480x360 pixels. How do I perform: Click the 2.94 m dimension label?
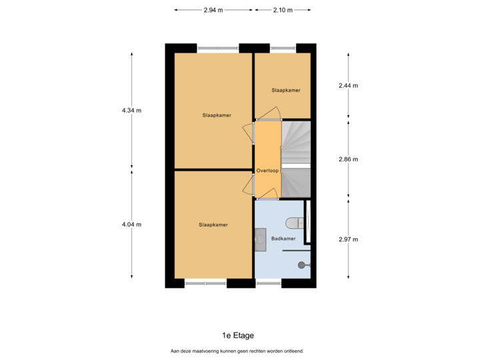[x=213, y=10]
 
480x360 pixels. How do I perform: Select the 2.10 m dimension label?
[x=283, y=10]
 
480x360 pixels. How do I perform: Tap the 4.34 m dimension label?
[x=131, y=110]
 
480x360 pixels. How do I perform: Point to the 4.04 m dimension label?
[x=131, y=225]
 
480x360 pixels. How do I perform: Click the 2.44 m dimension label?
[x=348, y=85]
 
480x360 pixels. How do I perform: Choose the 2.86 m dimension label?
[x=348, y=159]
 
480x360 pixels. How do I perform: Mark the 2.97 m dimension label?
[x=348, y=239]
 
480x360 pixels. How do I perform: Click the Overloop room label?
[x=267, y=171]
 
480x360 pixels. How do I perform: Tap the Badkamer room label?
[x=283, y=238]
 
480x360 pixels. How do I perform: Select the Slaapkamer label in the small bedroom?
[x=285, y=90]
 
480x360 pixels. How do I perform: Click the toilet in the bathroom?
[x=293, y=223]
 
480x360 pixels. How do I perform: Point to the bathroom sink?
[x=260, y=238]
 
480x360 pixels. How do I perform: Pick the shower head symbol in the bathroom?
[x=304, y=265]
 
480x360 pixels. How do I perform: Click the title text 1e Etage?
[x=238, y=335]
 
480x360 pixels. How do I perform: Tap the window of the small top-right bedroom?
[x=283, y=47]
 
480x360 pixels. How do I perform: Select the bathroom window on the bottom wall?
[x=268, y=284]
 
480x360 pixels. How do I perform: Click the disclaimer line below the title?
[x=237, y=351]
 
